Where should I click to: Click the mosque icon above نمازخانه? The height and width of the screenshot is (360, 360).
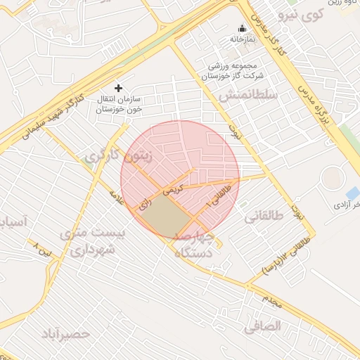point(242,28)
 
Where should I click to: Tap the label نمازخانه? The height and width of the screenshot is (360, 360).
point(241,39)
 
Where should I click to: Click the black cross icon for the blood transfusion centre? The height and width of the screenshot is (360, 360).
point(118,88)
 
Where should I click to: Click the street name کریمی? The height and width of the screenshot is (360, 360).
point(173,189)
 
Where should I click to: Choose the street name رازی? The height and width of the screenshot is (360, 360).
point(145,205)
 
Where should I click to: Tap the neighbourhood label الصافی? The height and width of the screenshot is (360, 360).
point(263,326)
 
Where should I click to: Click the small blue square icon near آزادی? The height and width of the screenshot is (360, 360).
point(352,193)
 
